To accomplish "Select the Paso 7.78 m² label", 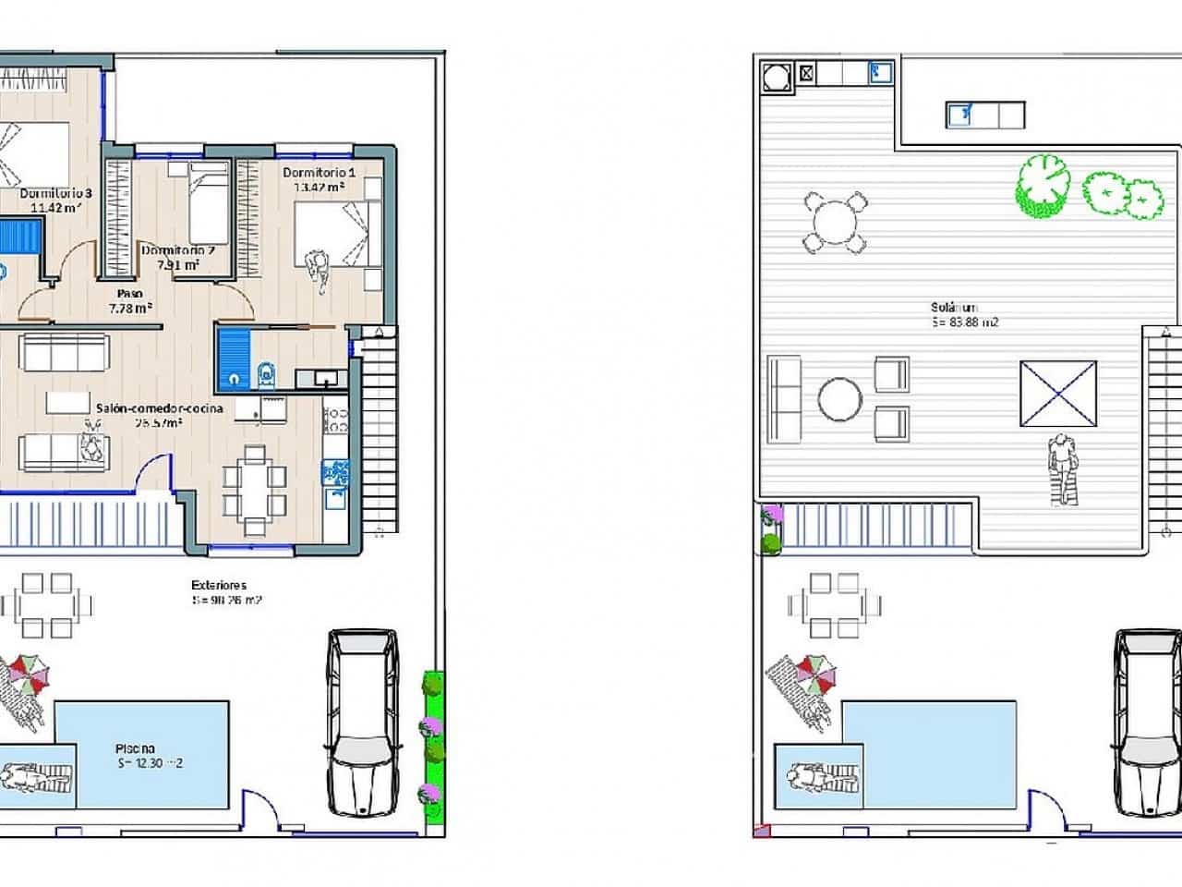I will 130,300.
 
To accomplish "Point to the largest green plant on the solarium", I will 1042,186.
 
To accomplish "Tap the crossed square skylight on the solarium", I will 1058,394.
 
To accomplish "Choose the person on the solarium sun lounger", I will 1063,468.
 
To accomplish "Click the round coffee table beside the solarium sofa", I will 839,400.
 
